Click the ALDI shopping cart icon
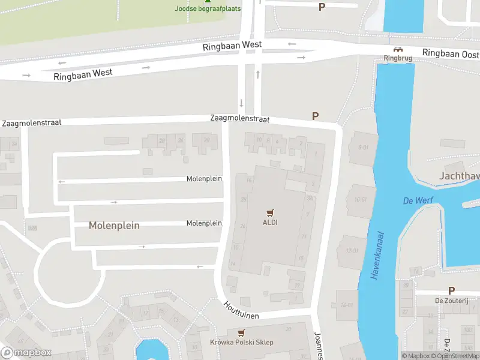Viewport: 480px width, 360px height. click(x=270, y=212)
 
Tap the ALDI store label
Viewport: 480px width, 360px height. click(x=270, y=223)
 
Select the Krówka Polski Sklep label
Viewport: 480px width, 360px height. click(x=242, y=343)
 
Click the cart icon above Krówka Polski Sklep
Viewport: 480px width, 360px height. click(x=241, y=332)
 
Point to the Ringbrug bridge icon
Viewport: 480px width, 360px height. click(x=396, y=49)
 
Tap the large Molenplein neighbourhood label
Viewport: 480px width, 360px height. click(x=114, y=226)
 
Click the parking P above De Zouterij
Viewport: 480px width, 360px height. click(x=451, y=290)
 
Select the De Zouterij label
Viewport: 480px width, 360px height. click(x=451, y=301)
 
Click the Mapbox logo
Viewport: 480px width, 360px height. click(x=26, y=352)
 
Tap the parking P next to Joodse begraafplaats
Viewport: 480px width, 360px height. click(x=322, y=7)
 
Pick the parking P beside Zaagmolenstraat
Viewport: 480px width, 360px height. click(x=315, y=116)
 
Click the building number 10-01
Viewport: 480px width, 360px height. click(x=361, y=200)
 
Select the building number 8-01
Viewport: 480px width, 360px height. click(x=363, y=147)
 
